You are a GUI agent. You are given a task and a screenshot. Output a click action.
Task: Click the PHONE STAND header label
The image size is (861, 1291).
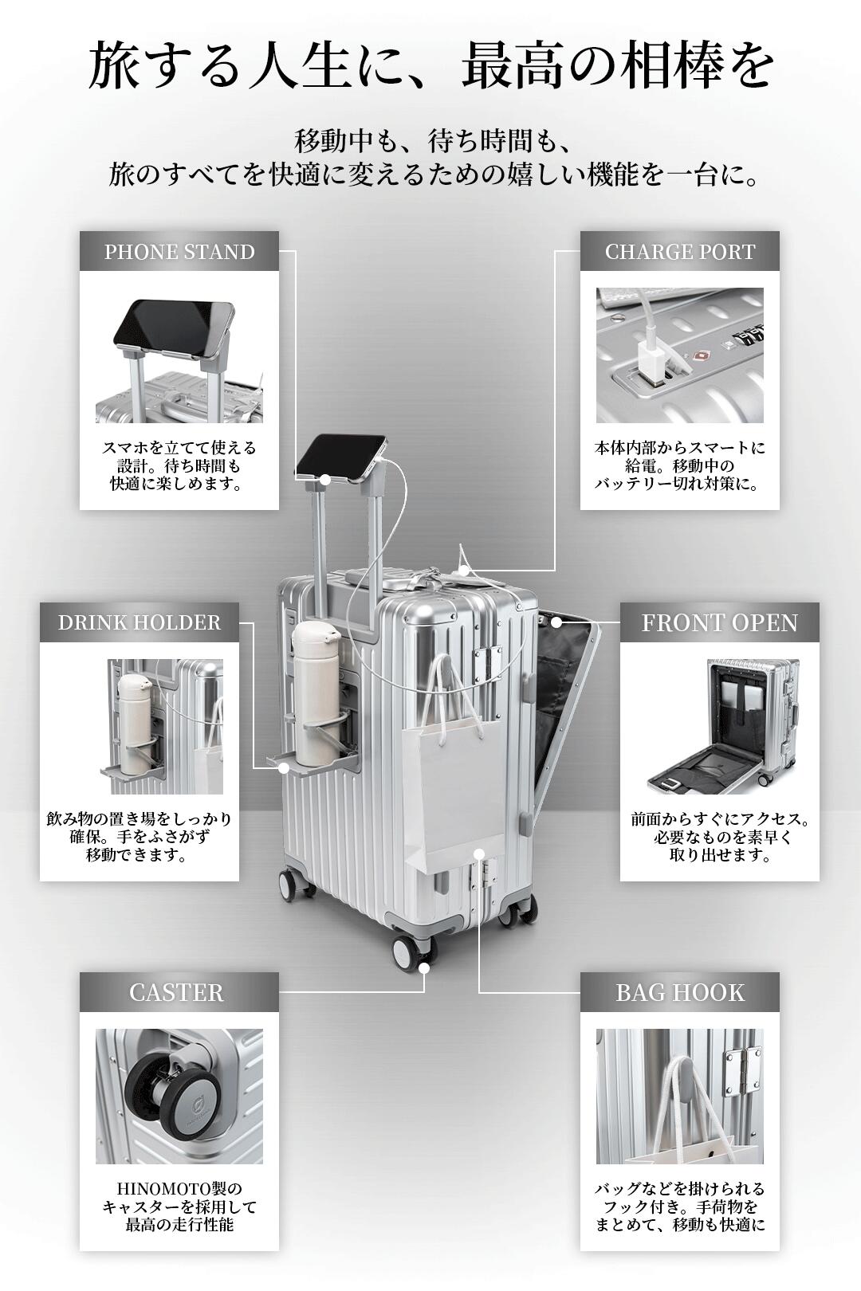[179, 252]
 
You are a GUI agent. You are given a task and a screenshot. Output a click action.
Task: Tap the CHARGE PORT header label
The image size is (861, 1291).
[680, 252]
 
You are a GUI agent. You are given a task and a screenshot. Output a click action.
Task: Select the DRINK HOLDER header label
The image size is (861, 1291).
[140, 622]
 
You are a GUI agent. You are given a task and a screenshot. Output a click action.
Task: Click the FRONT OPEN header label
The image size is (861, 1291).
[720, 622]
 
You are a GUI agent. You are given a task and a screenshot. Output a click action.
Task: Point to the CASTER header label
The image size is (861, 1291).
[176, 992]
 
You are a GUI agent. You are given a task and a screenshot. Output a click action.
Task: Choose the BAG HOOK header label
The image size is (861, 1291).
[680, 992]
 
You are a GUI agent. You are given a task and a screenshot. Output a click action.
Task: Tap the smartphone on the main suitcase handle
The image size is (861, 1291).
[341, 459]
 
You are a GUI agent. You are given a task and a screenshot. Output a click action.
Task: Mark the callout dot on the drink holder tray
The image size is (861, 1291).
[284, 767]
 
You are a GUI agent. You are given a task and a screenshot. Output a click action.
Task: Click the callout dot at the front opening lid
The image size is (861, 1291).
[556, 622]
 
